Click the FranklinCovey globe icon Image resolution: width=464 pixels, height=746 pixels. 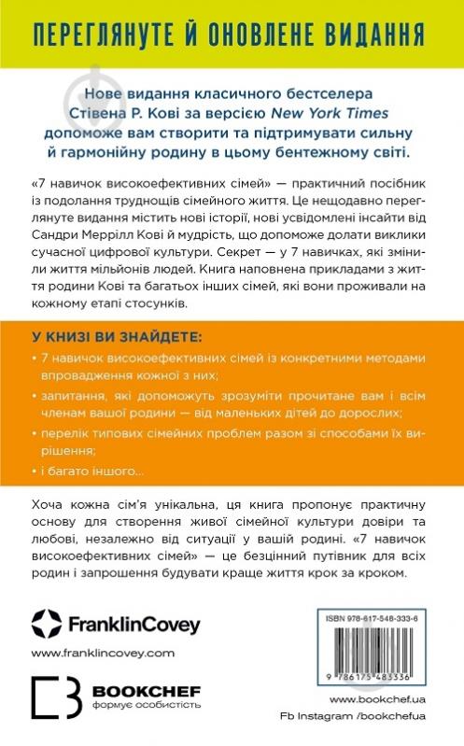tap(46, 622)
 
